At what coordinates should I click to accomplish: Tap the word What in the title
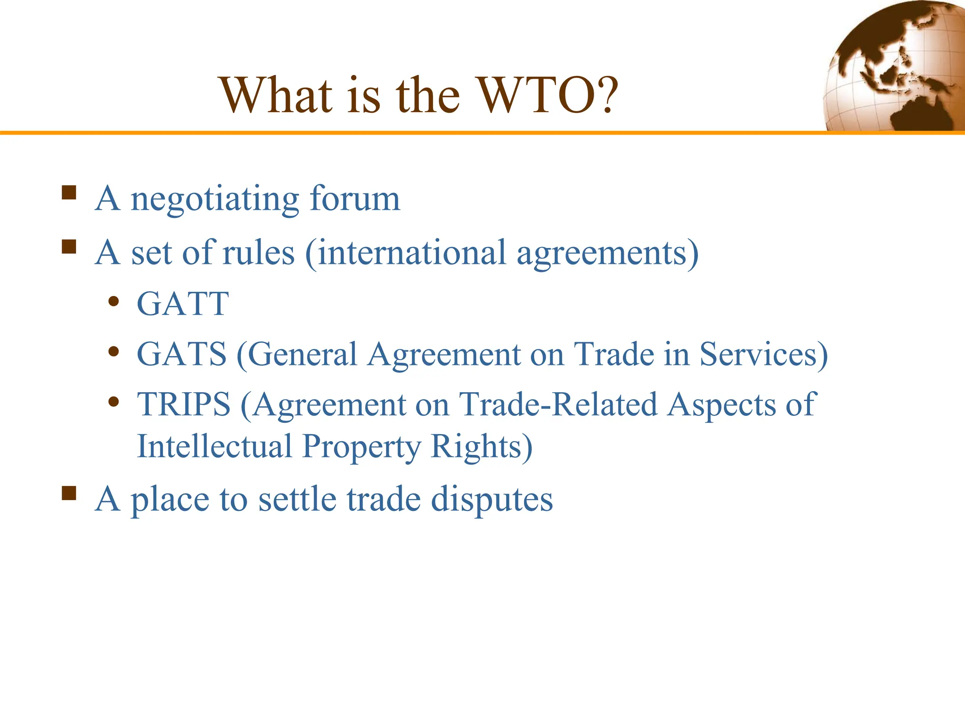coord(275,96)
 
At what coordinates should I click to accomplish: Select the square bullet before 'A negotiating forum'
coord(69,193)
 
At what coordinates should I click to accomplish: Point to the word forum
coord(355,198)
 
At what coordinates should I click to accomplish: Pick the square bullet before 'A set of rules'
coord(69,247)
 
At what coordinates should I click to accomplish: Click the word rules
coord(258,253)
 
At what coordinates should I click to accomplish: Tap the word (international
coord(406,253)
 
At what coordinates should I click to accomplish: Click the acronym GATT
coord(183,304)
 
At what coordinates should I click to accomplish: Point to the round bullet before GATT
coord(113,302)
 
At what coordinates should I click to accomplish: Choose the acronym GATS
coord(181,354)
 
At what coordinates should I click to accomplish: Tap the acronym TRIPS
coord(184,404)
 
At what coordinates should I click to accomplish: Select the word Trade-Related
coord(558,404)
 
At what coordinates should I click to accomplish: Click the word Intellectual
coord(214,446)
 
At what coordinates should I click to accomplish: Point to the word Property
coord(361,447)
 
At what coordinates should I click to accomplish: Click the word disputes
coord(492,500)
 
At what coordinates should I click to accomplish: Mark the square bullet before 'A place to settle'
coord(69,493)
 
